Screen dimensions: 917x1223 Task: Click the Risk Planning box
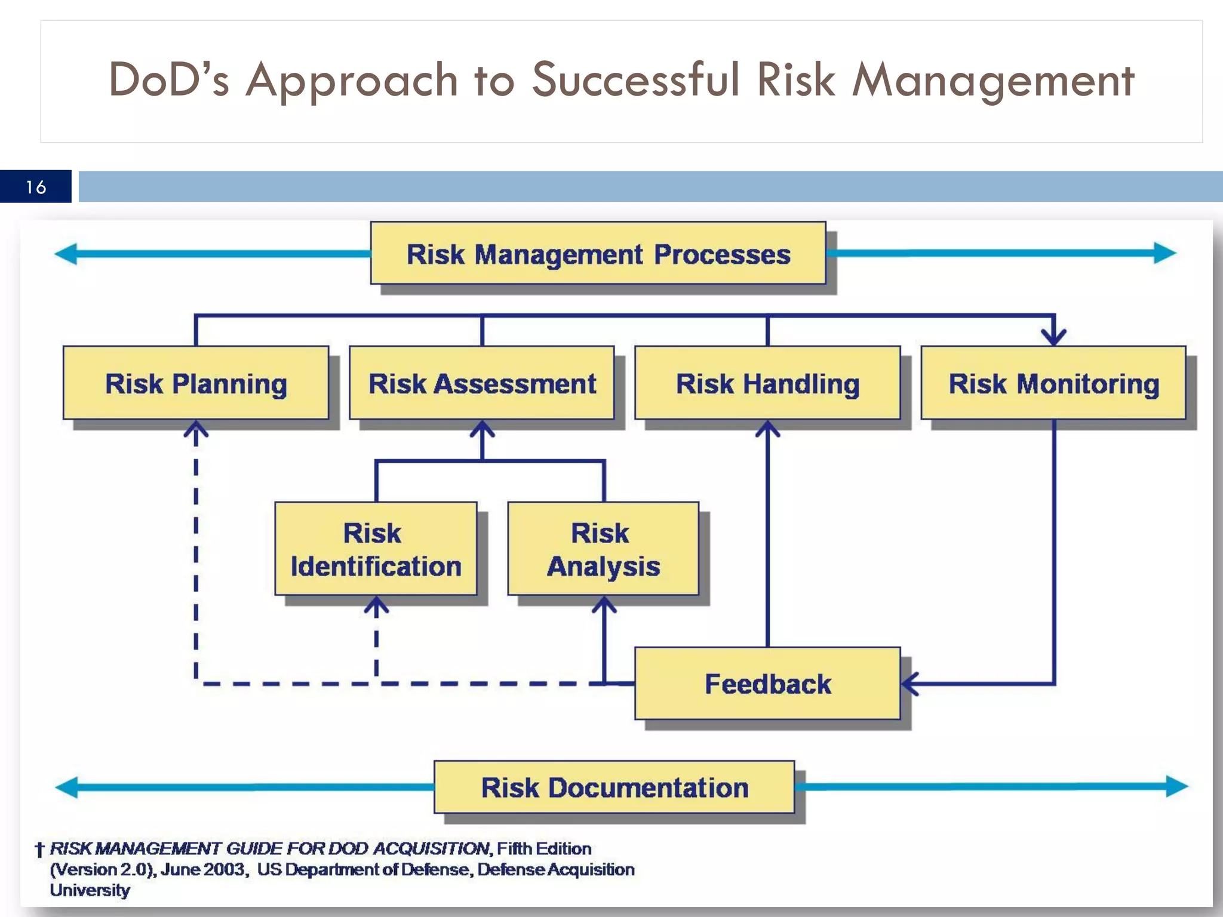coord(196,383)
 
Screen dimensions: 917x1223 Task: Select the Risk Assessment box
coord(482,383)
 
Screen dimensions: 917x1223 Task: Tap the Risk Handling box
coord(767,383)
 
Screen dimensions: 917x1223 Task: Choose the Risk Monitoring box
coord(1053,383)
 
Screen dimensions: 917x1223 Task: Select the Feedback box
coord(767,684)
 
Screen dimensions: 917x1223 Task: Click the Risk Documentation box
coord(614,787)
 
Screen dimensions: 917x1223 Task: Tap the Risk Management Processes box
coord(598,254)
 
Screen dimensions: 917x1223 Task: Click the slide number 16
coord(36,187)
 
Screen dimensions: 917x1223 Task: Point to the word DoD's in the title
coord(168,80)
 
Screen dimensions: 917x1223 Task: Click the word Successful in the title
coord(635,80)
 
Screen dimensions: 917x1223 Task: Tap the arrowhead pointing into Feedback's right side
coord(909,684)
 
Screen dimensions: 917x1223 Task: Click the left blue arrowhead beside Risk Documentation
coord(67,787)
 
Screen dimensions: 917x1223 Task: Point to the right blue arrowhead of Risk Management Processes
coord(1164,253)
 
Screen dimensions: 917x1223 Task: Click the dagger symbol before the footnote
coord(40,850)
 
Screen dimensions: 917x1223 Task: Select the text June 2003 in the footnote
coord(203,870)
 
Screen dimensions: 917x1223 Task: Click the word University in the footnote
coord(90,890)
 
